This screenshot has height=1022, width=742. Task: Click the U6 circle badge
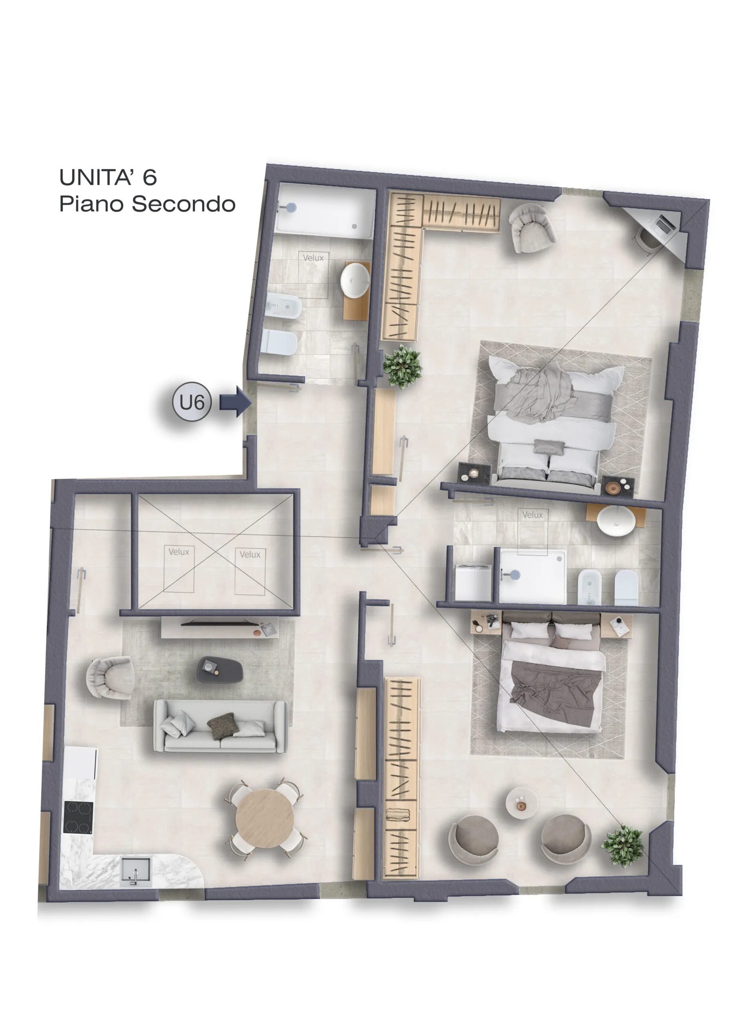(x=192, y=402)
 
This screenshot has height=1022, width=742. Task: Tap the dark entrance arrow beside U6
(x=235, y=402)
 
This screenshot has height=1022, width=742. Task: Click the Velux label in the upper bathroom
(x=313, y=258)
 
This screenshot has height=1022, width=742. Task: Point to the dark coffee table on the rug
(x=220, y=669)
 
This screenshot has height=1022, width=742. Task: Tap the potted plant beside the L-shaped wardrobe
(x=402, y=366)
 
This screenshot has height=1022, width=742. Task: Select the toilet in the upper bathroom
(x=279, y=343)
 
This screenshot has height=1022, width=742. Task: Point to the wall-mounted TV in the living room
(x=220, y=624)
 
